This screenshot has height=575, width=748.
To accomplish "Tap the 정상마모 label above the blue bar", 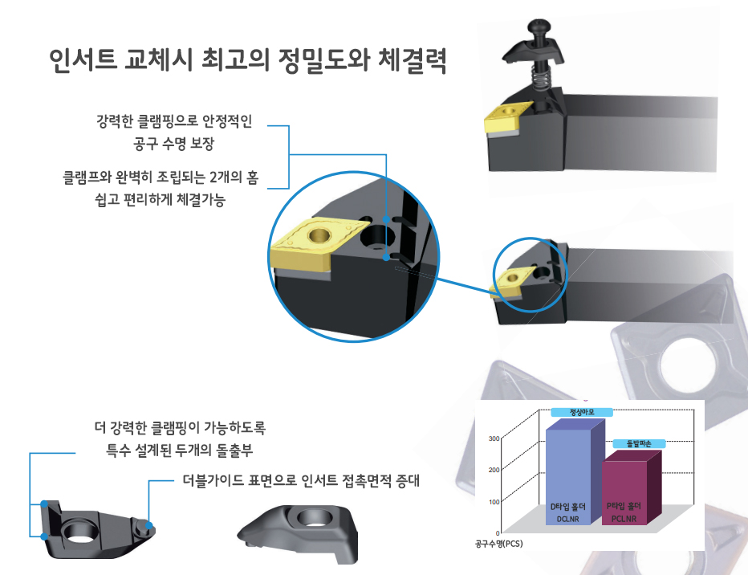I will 583,412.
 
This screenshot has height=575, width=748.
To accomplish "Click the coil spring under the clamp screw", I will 543,80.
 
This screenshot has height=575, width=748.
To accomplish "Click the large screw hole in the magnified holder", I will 376,237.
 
